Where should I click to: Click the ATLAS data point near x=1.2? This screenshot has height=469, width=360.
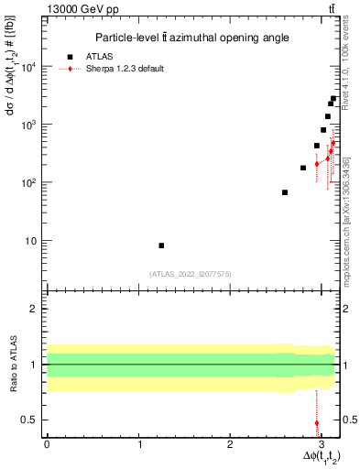click(x=161, y=245)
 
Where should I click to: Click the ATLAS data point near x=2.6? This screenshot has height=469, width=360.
click(x=285, y=192)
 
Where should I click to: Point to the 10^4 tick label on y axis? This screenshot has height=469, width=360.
click(x=29, y=66)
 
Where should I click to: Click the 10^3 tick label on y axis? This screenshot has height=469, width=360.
click(x=29, y=124)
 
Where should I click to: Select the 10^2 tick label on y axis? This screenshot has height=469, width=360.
click(x=29, y=182)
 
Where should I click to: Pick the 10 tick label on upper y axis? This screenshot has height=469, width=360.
click(x=32, y=241)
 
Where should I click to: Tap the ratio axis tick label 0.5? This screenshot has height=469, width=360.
click(x=31, y=420)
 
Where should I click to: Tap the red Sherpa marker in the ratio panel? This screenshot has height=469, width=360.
click(x=317, y=423)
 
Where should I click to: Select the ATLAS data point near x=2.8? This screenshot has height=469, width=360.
click(x=303, y=168)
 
